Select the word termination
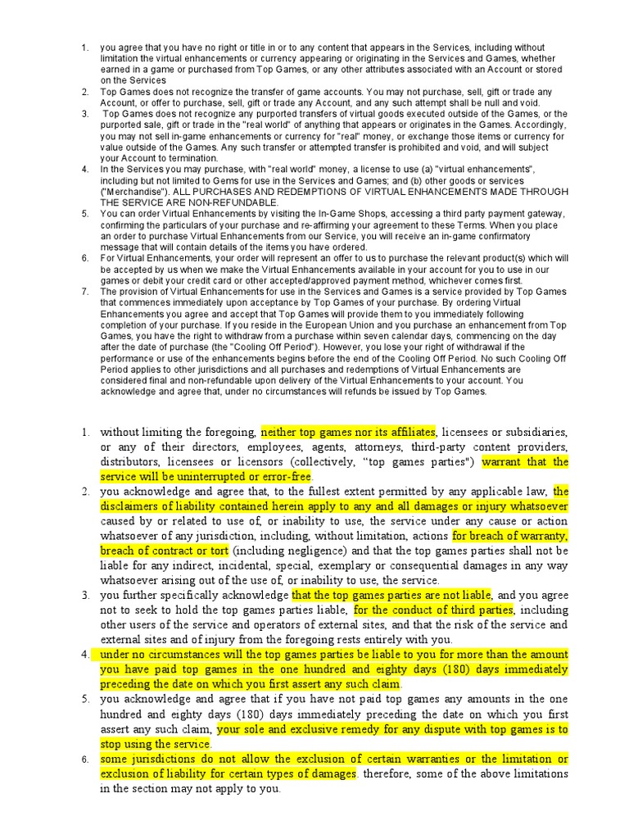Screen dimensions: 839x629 click(191, 158)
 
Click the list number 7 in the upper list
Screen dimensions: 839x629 click(84, 291)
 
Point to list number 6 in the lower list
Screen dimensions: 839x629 click(84, 760)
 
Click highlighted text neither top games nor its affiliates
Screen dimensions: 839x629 click(348, 432)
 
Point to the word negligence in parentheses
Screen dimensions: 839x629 click(289, 551)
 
